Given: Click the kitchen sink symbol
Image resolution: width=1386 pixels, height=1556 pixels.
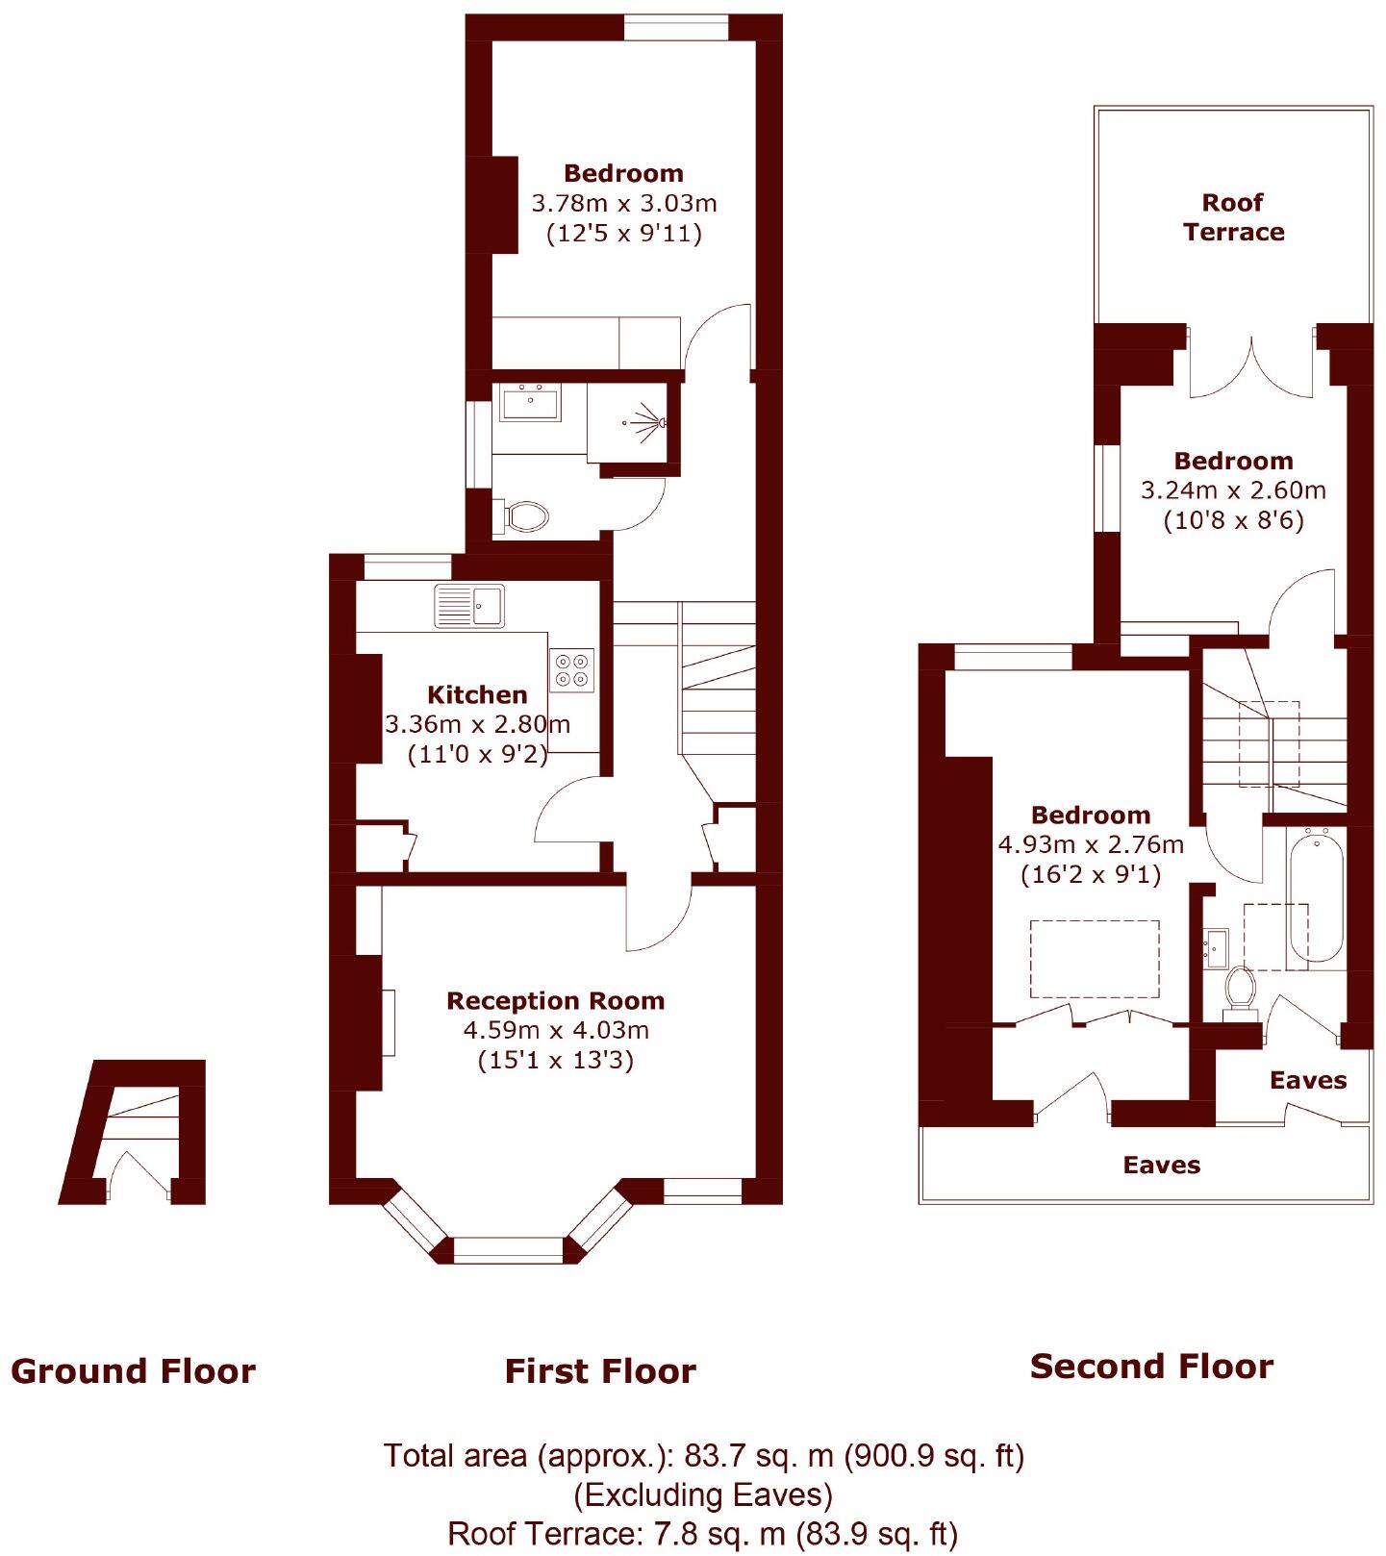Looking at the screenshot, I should click(469, 606).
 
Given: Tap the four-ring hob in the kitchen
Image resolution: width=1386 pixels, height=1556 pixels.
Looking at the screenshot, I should click(571, 670).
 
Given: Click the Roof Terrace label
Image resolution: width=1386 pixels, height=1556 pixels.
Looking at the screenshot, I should click(1233, 217).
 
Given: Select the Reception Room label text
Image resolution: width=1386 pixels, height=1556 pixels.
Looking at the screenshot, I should click(555, 1001).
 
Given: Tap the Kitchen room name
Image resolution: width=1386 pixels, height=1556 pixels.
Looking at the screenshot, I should click(477, 695).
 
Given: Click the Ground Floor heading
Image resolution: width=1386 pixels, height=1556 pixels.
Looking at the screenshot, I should click(133, 1371).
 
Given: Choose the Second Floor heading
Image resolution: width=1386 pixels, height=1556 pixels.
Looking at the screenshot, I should click(1151, 1367).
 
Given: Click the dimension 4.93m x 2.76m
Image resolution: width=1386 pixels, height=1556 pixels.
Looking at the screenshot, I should click(1091, 845).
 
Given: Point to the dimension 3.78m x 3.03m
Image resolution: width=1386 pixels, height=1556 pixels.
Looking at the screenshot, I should click(623, 204).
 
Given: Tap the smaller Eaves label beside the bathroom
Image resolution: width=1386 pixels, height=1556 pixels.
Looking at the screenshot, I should click(1307, 1080).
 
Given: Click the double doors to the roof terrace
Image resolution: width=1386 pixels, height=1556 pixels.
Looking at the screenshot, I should click(1251, 369).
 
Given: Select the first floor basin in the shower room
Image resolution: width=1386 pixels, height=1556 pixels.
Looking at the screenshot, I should click(530, 403).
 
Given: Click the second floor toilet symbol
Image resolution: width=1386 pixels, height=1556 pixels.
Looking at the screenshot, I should click(1240, 990).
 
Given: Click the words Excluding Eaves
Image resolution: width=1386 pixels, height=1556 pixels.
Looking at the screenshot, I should click(703, 1494).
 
